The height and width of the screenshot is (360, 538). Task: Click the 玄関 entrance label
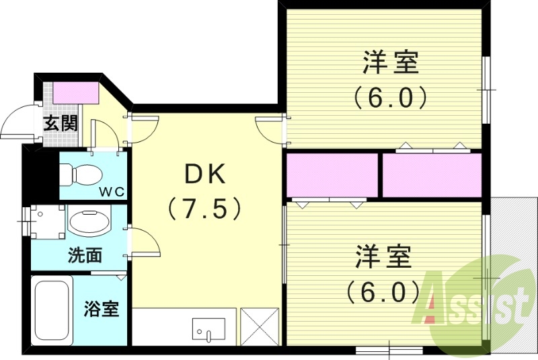click(61, 123)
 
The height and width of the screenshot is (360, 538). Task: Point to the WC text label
click(112, 191)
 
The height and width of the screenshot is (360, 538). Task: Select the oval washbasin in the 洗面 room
click(91, 221)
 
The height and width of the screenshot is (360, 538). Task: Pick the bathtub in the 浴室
click(51, 310)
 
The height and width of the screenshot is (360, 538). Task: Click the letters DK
click(204, 176)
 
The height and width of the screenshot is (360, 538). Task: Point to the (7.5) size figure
click(204, 209)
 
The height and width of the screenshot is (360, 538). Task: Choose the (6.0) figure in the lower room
click(383, 291)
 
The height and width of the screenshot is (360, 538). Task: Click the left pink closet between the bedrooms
click(332, 176)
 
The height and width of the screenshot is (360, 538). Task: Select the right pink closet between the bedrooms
click(432, 176)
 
